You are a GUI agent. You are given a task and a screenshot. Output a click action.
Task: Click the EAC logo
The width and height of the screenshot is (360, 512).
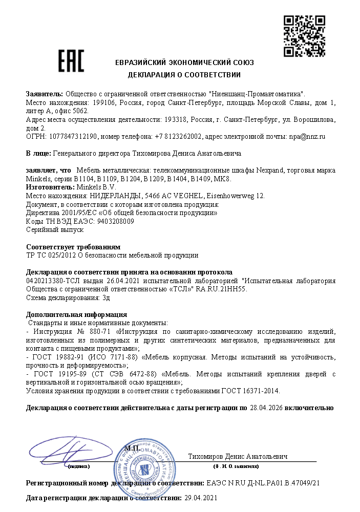click(x=71, y=61)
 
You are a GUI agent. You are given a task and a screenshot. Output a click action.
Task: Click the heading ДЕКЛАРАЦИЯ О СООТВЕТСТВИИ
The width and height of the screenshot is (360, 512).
click(x=184, y=75)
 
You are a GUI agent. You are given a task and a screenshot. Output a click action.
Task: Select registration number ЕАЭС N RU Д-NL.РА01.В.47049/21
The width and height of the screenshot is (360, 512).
click(x=263, y=483)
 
